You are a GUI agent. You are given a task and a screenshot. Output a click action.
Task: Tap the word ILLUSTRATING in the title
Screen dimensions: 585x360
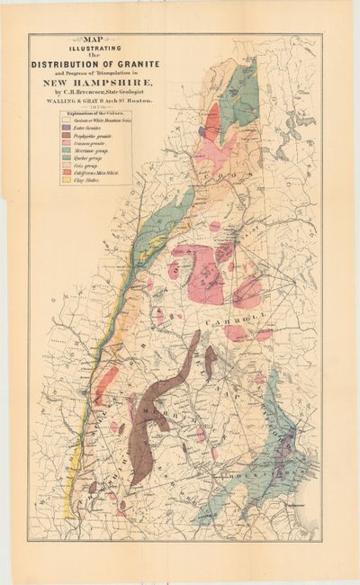94,48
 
